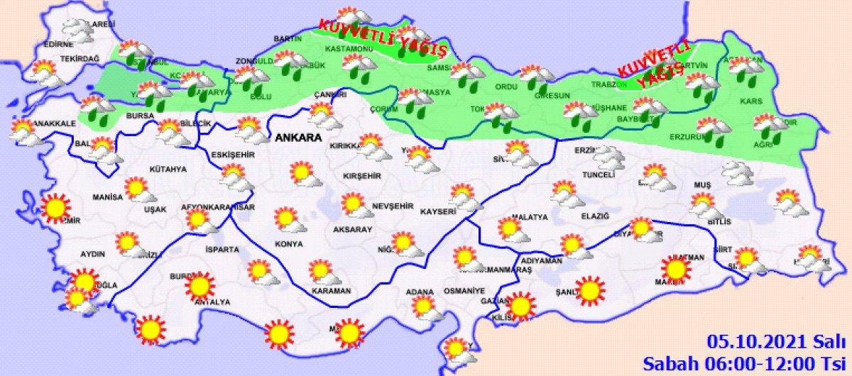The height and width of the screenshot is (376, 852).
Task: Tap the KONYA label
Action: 288,244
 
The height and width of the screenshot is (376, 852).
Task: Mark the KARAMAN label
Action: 332,291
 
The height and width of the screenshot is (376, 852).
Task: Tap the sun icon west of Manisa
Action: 55,208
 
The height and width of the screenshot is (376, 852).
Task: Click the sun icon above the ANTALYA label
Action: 200,285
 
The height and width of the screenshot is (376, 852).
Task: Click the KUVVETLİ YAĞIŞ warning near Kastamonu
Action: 383,38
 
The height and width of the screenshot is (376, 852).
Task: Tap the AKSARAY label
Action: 354,230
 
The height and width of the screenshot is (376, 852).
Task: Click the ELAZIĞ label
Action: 576,216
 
